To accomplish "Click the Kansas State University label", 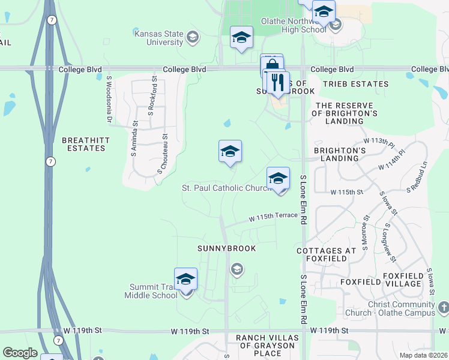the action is click(x=158, y=38).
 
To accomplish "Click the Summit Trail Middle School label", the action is click(x=151, y=291).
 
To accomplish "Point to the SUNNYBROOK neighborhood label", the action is click(x=228, y=248).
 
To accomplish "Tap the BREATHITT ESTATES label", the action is click(x=85, y=143).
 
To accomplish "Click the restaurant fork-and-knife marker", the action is click(x=277, y=83).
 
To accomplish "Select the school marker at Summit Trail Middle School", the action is click(x=186, y=279).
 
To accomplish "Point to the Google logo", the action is click(x=20, y=353).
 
